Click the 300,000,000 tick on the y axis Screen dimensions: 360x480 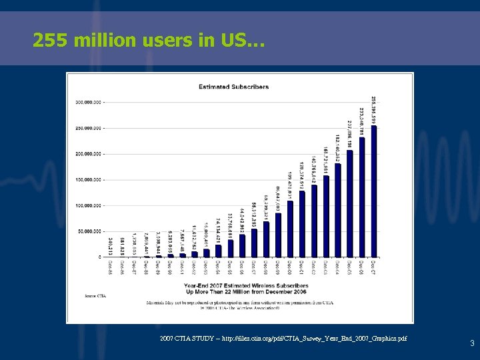coord(89,103)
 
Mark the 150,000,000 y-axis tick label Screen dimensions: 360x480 coord(89,180)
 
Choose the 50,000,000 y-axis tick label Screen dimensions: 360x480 coord(89,231)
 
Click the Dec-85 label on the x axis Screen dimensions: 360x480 coord(110,267)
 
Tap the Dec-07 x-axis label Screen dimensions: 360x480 coord(374,267)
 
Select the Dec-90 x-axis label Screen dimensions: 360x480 coord(170,267)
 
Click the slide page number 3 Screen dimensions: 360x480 coord(471,344)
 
